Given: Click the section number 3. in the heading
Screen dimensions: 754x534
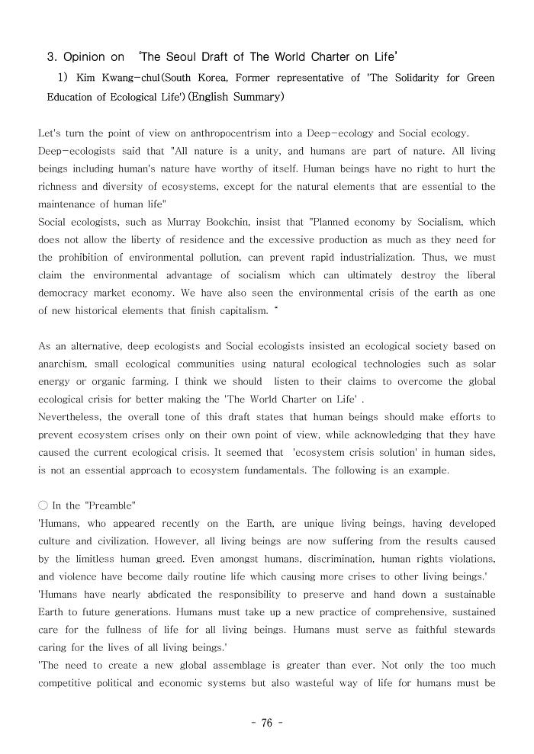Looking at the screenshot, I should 53,57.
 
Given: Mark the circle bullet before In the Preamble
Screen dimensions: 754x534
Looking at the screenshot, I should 43,505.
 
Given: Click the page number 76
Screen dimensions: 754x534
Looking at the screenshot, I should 266,724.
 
